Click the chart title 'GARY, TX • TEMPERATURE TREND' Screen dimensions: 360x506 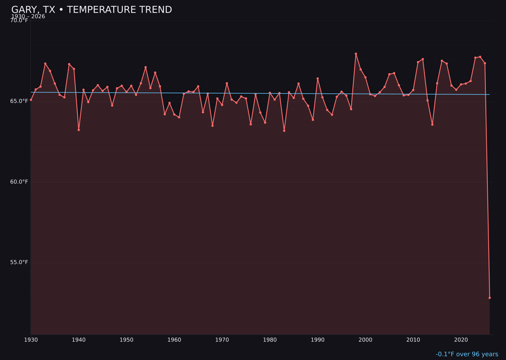[x=91, y=10]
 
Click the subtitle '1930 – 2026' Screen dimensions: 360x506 [x=28, y=16]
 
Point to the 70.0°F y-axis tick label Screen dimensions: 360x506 [x=19, y=21]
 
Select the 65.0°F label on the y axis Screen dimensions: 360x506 [x=19, y=101]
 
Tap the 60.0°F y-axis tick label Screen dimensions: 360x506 [x=19, y=182]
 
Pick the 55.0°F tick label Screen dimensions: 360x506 [x=19, y=262]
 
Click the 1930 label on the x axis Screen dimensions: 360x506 [x=31, y=340]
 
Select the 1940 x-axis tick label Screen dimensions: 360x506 [x=79, y=340]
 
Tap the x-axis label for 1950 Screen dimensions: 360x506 [x=126, y=340]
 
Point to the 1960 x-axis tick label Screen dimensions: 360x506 [x=174, y=340]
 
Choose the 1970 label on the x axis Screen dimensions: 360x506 [x=222, y=340]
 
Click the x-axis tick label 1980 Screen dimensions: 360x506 [x=270, y=340]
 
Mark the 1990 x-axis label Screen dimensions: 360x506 [x=318, y=340]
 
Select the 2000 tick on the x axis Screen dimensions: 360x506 [x=365, y=340]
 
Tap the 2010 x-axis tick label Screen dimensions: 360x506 [x=413, y=340]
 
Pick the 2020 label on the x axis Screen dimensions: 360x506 [x=461, y=340]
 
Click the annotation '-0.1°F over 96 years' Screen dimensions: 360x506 [x=467, y=354]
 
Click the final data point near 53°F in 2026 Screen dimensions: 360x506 [x=490, y=298]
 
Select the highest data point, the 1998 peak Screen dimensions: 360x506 [x=356, y=54]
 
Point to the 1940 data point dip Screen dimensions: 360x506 [x=79, y=130]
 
